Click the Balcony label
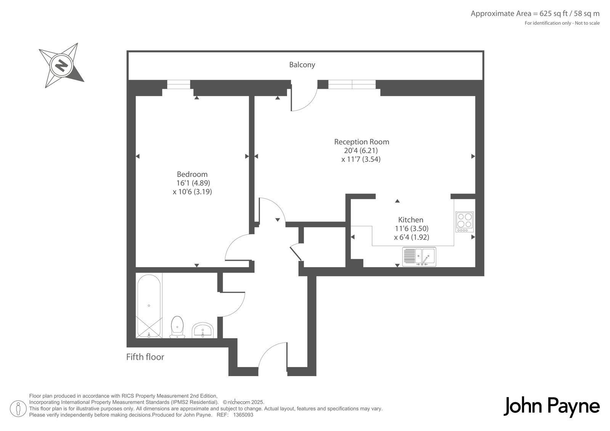coord(302,65)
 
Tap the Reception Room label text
coord(361,142)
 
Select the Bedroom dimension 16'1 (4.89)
coord(193,183)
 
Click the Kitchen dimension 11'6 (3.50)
coord(412,228)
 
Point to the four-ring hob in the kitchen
coord(465,222)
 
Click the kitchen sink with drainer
coord(419,256)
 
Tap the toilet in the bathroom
coord(177,327)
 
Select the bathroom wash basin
coord(202,330)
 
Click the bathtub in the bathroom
coord(149,306)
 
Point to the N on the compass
coord(61,65)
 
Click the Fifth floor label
coord(145,357)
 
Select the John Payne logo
coord(552,407)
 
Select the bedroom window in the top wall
coord(179,84)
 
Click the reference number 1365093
coord(243,415)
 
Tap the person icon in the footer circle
coord(18,409)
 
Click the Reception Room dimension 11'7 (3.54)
coord(361,159)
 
